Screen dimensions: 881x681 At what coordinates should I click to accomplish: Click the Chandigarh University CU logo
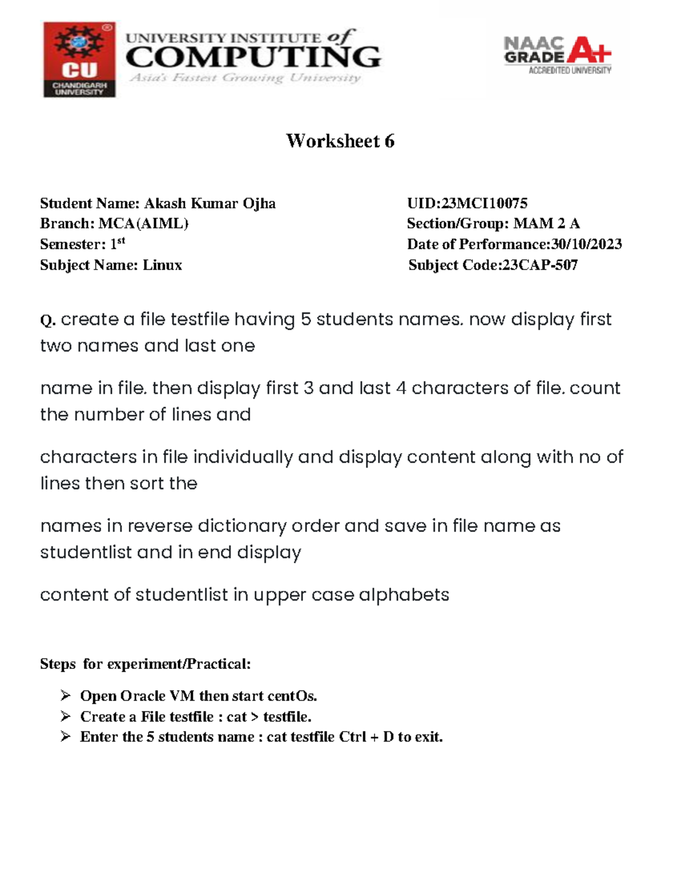(79, 60)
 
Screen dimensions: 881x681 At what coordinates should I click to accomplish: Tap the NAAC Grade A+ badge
(557, 56)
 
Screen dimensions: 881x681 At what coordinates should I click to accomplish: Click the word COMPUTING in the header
(253, 57)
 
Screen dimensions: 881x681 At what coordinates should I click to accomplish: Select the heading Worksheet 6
(340, 141)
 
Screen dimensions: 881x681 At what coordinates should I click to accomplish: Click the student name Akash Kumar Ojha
(209, 203)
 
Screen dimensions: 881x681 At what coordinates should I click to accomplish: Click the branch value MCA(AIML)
(143, 224)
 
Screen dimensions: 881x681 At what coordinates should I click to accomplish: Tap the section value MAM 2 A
(546, 224)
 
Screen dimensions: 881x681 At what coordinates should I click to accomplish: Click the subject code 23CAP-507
(540, 265)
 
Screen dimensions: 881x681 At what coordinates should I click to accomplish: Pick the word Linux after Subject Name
(162, 265)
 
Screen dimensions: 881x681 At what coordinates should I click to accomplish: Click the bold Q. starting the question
(47, 321)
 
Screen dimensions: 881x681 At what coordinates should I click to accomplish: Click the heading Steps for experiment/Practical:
(145, 664)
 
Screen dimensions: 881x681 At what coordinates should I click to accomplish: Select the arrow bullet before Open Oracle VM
(65, 695)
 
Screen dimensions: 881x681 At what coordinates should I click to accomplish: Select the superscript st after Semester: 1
(121, 241)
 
